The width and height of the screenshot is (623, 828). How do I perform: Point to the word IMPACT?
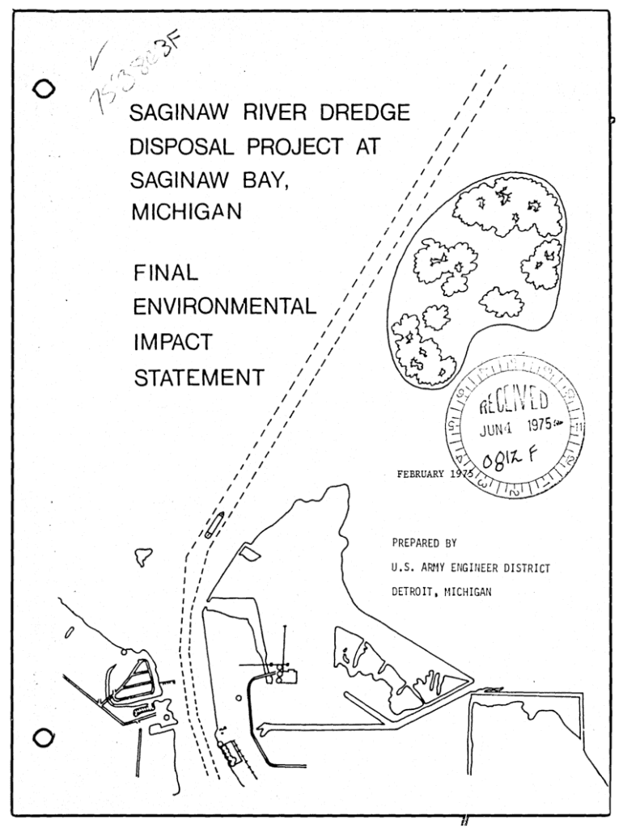172,342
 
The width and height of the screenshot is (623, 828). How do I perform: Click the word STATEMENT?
197,377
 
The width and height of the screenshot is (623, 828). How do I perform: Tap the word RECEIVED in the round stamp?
515,401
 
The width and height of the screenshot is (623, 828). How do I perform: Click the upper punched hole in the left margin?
44,90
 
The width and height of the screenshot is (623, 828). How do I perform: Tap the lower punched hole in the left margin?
44,737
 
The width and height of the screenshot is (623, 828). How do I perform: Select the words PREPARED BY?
424,543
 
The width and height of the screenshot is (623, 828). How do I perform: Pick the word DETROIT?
410,592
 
